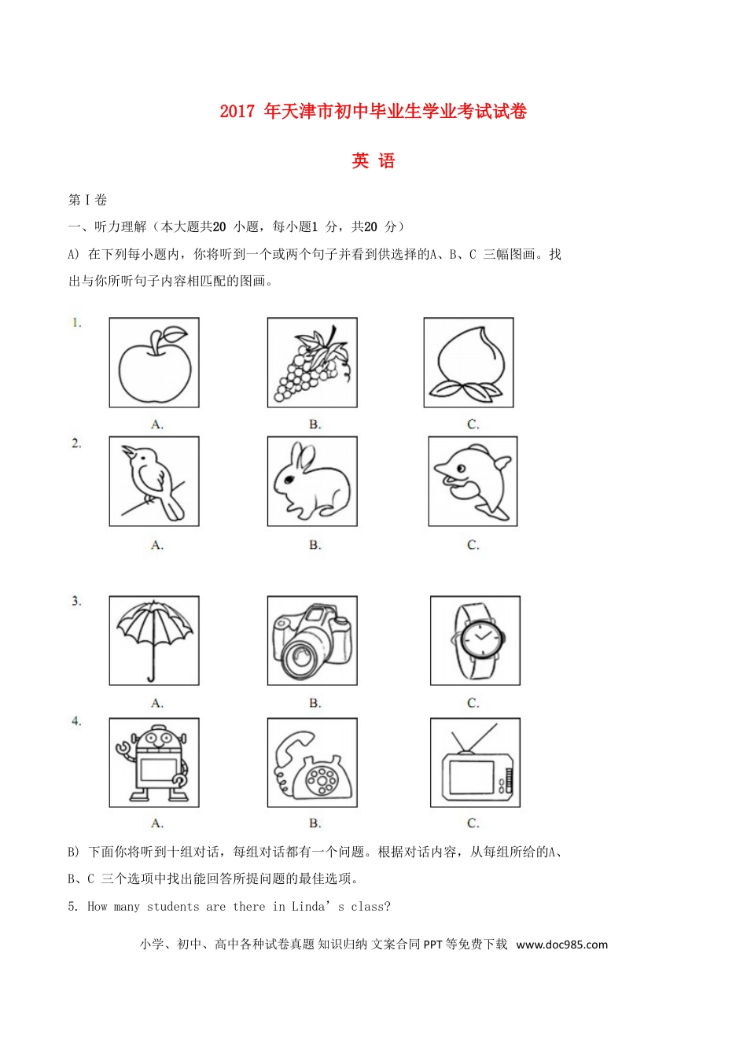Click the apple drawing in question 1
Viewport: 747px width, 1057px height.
point(154,363)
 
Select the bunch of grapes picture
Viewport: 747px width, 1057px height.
point(311,364)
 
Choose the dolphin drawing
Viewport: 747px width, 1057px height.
point(473,481)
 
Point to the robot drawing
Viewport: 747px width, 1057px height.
point(154,763)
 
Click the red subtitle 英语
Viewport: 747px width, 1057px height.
point(373,161)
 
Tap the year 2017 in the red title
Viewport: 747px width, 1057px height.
point(237,112)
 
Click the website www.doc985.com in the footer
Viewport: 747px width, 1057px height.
point(561,945)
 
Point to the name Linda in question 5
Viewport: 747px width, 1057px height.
point(307,907)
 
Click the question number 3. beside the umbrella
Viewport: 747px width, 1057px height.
point(76,602)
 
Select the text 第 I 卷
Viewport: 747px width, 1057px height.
point(87,201)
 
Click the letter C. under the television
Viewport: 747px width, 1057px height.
point(473,823)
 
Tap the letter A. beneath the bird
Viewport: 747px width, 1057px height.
point(157,545)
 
